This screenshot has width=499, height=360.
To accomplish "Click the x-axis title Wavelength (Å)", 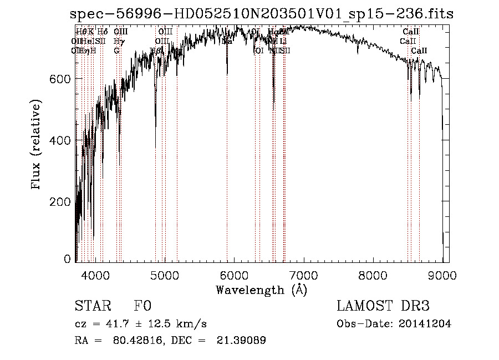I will click(x=261, y=290).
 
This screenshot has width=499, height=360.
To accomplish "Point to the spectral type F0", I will click(x=142, y=306).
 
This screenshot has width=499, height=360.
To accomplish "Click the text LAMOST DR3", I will click(x=383, y=306).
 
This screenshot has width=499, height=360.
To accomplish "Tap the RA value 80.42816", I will click(x=131, y=341).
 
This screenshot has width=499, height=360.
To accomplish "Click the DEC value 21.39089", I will click(x=241, y=341).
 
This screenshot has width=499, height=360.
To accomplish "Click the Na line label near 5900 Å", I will click(x=227, y=41).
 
